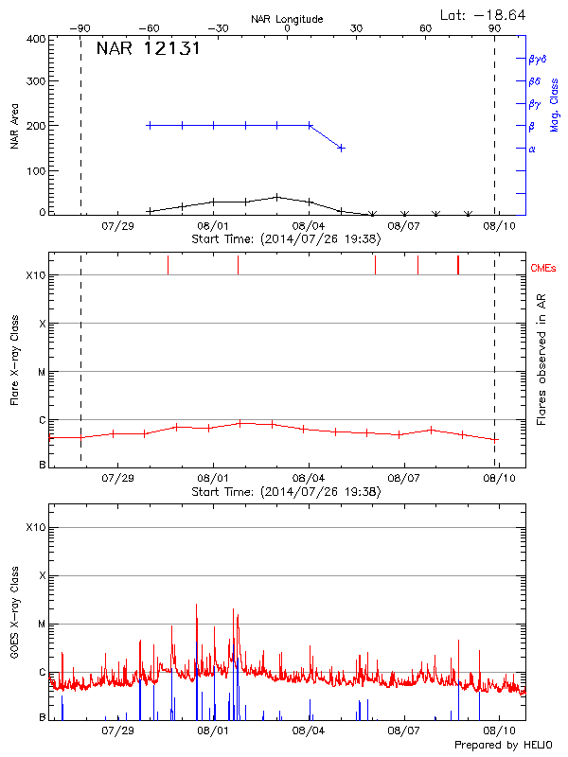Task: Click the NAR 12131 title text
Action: tap(148, 49)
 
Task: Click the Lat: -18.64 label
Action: tap(485, 14)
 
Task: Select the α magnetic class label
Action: tap(532, 149)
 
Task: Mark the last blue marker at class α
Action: tap(341, 148)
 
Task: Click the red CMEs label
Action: tap(544, 269)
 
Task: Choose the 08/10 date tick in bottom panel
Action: tap(499, 731)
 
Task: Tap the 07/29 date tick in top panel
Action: tap(118, 226)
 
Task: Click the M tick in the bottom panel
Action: tap(41, 624)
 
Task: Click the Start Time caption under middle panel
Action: tap(286, 492)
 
